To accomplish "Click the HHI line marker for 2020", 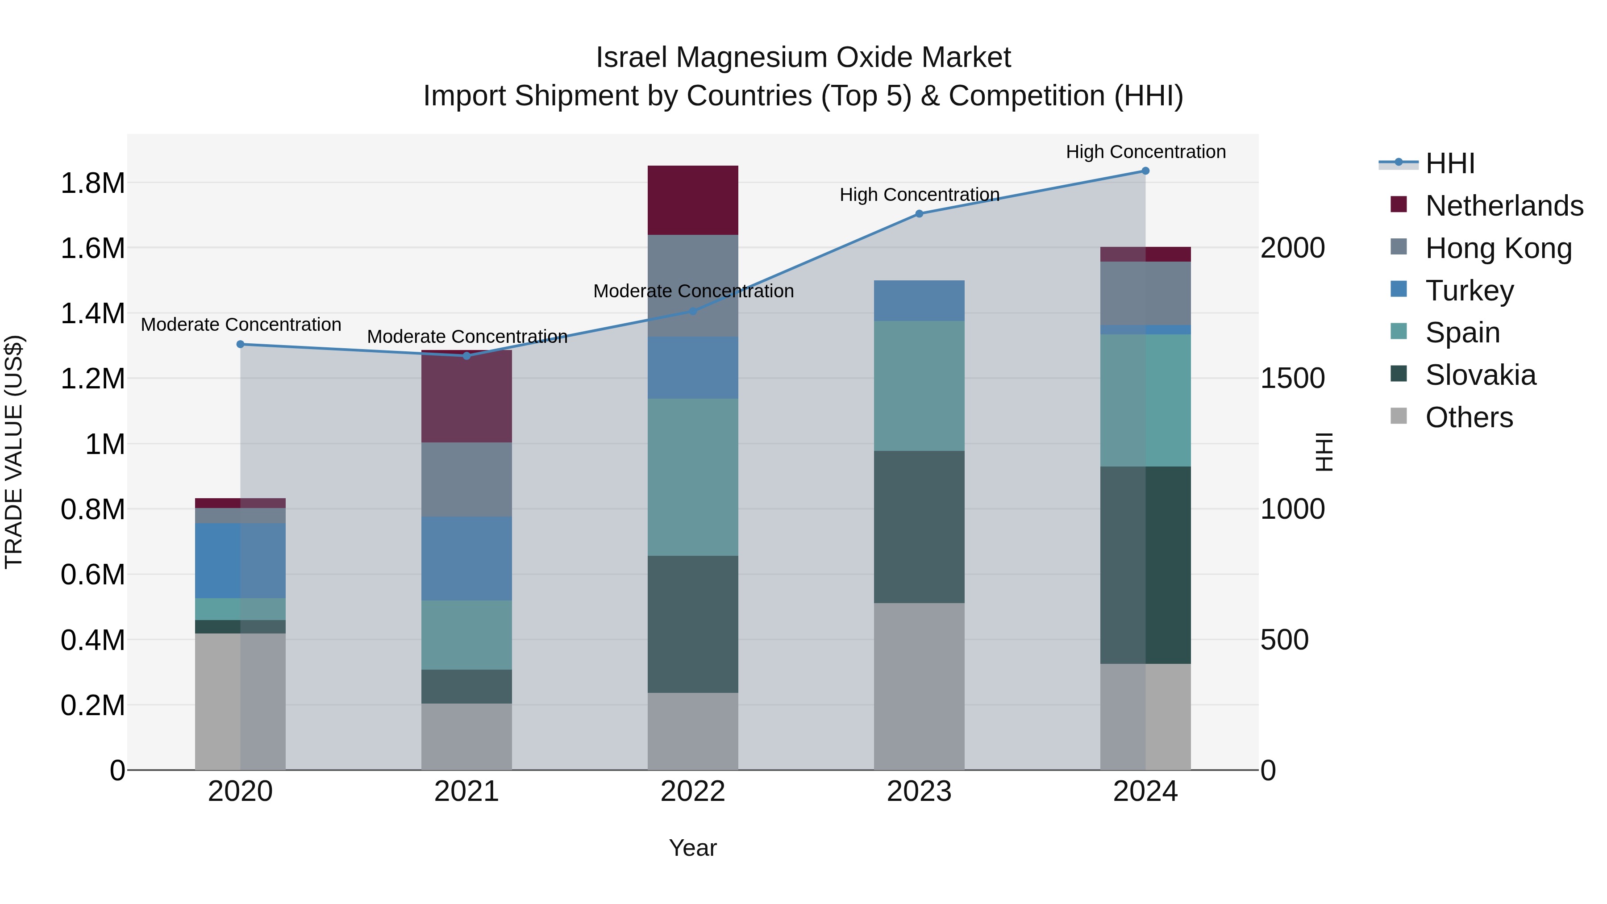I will [x=240, y=344].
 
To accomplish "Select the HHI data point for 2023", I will [x=919, y=213].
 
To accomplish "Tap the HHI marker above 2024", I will [x=1145, y=171].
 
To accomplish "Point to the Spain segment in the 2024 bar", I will [x=1145, y=400].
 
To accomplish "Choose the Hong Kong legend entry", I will [x=1498, y=248].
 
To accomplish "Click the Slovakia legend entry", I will [x=1480, y=375].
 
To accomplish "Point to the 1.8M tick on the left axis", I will [x=92, y=183].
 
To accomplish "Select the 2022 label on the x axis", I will [x=692, y=792].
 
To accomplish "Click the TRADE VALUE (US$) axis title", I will [x=14, y=452].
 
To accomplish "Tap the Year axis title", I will [x=692, y=848].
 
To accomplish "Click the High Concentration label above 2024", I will [x=1145, y=152].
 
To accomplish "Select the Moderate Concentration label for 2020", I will [x=241, y=325].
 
